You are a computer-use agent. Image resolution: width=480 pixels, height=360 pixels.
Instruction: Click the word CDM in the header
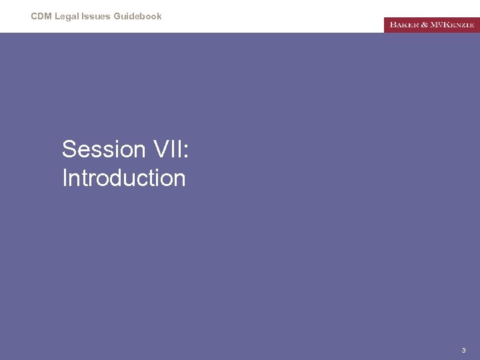41,16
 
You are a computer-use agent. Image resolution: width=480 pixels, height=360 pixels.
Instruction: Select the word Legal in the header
67,16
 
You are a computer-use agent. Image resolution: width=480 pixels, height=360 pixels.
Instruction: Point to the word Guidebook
138,16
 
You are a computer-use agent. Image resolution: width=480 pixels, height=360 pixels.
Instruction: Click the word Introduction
123,178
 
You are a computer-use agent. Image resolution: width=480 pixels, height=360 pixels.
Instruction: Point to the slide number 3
464,350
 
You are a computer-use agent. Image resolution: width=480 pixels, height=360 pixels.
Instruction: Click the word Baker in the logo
405,25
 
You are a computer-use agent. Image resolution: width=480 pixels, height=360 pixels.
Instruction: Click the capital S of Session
68,149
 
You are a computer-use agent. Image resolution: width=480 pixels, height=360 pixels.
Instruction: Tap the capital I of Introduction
64,178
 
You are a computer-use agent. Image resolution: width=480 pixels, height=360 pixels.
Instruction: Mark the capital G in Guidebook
118,16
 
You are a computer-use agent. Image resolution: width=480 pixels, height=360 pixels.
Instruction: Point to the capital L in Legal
57,16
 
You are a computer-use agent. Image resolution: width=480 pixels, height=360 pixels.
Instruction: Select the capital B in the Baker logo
393,25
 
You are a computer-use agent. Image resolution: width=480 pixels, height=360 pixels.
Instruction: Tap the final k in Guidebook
159,16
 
